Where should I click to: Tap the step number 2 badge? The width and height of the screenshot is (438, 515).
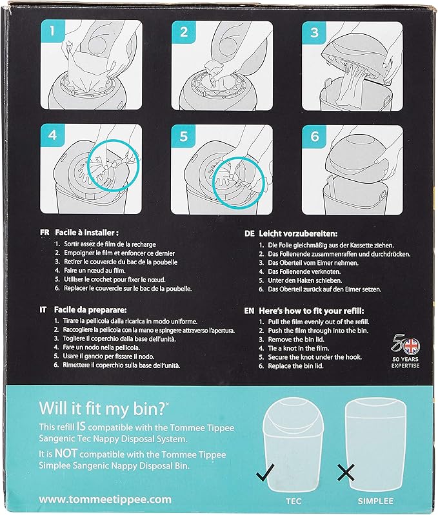[184, 32]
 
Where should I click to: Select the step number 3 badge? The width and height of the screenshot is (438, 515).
[314, 32]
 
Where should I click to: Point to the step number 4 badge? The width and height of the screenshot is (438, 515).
[53, 137]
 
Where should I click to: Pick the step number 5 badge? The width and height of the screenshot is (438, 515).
[184, 137]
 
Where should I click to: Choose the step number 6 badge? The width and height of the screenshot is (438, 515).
[314, 137]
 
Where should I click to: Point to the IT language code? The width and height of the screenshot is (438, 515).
[43, 310]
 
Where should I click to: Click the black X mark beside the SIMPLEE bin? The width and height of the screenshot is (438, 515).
[346, 475]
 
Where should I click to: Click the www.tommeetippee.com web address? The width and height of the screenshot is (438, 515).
[105, 499]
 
